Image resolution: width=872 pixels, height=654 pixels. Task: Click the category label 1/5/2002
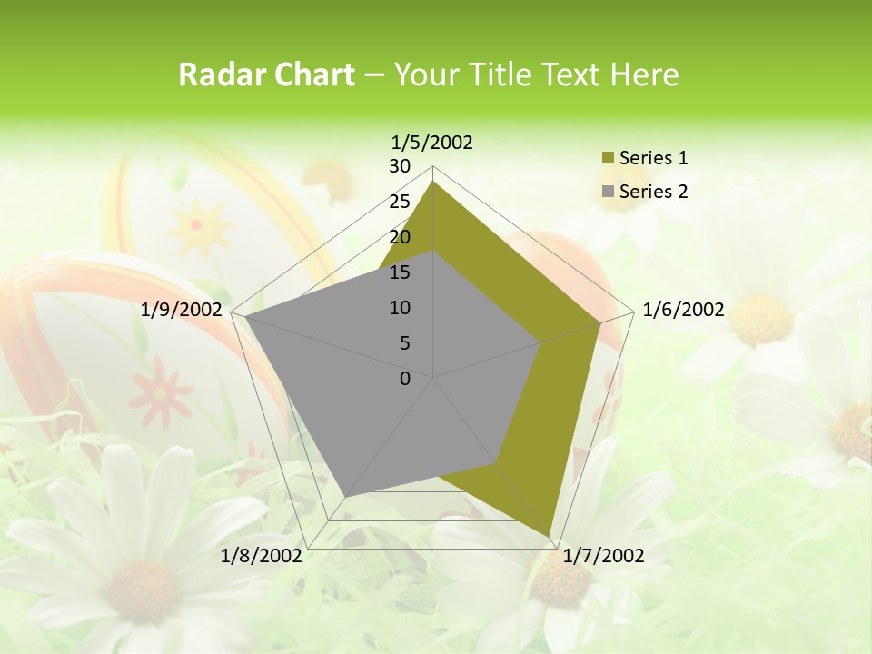point(431,142)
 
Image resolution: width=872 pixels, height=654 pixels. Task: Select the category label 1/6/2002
point(683,310)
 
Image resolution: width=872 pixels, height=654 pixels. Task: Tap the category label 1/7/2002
point(603,556)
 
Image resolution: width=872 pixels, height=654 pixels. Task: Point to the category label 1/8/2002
point(262,556)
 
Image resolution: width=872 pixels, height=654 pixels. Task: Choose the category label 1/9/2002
point(182,310)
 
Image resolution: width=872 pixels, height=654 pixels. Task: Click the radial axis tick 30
point(400,166)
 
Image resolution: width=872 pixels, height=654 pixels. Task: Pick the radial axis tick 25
point(400,202)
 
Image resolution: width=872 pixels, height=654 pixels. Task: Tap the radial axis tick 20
point(400,237)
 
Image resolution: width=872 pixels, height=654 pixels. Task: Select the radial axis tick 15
point(400,272)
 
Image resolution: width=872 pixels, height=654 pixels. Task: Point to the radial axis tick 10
point(400,308)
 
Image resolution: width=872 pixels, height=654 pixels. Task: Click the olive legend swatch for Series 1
point(607,159)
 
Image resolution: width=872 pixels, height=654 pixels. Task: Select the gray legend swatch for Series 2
point(607,192)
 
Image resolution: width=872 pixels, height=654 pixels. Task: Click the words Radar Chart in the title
point(266,75)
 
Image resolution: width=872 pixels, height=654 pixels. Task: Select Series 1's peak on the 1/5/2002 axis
point(433,182)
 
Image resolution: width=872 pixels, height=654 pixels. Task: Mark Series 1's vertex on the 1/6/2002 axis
point(599,322)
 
